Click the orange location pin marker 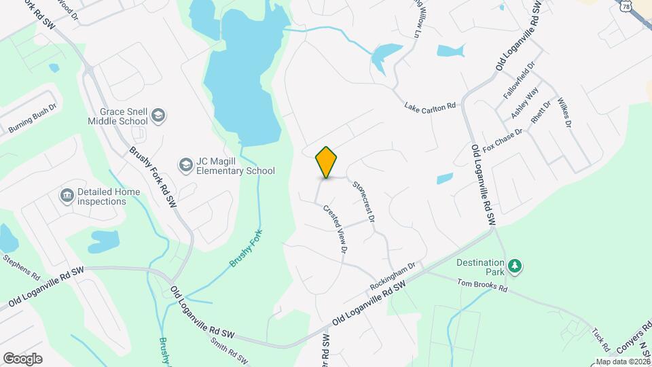coord(327,162)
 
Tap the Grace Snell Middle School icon coord(158,116)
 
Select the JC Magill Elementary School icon coord(185,164)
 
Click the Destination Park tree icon coord(515,265)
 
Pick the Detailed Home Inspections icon coord(67,196)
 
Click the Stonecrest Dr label coord(363,200)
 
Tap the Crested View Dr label coord(336,230)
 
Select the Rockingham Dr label coord(393,276)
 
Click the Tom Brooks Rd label coord(482,286)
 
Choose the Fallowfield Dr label coord(519,81)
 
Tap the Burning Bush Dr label coord(32,117)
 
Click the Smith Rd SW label coord(229,350)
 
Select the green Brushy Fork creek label coord(246,249)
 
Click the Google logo coord(22,359)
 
